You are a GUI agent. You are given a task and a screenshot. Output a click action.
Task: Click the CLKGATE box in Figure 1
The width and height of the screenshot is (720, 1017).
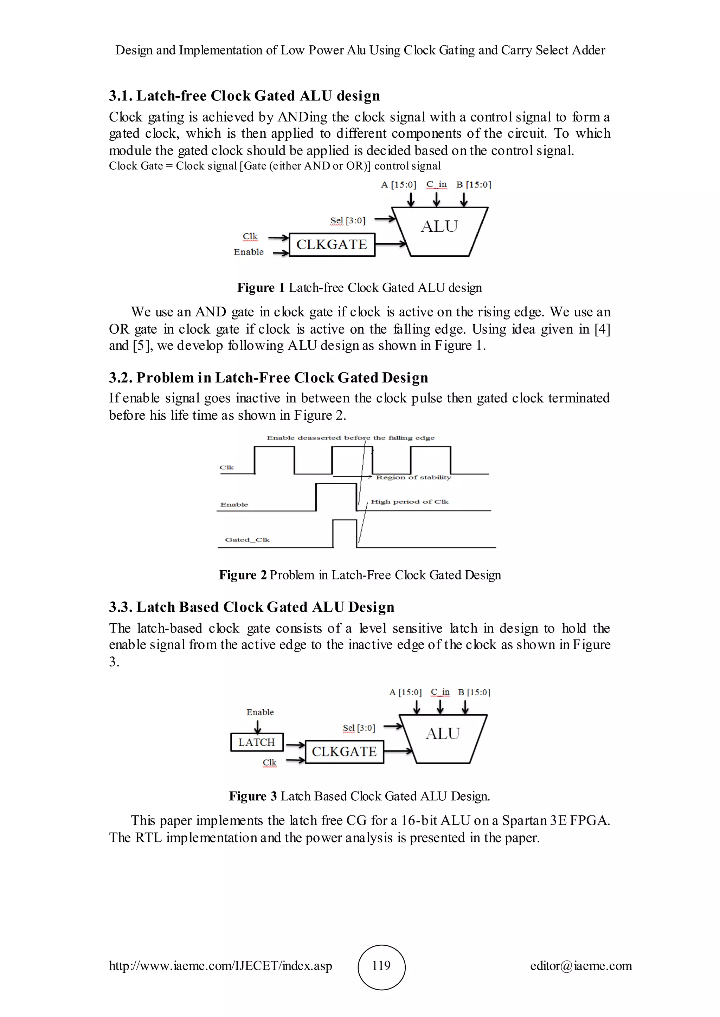pos(332,244)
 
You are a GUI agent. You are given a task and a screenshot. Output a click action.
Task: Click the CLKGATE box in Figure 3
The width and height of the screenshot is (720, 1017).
pos(344,752)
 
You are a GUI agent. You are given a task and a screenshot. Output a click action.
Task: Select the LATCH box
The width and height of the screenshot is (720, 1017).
pos(257,742)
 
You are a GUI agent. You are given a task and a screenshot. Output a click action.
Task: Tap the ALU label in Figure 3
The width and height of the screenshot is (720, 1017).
pos(443,734)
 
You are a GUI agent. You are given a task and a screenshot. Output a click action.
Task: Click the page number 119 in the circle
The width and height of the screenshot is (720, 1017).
pos(381,966)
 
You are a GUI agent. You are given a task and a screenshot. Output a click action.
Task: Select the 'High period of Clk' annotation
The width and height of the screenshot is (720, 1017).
pos(409,501)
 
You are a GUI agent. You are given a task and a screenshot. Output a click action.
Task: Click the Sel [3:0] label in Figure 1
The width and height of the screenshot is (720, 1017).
pos(348,221)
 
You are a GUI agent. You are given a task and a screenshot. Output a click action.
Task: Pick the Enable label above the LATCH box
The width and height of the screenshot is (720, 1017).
pos(260,712)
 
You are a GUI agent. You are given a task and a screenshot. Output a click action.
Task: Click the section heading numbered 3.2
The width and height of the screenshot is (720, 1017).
pos(268,378)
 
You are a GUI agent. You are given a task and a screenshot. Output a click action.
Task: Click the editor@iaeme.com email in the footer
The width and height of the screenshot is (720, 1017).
pos(581,966)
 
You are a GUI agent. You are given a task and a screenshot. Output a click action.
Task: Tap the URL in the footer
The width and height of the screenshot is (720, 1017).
pos(220,966)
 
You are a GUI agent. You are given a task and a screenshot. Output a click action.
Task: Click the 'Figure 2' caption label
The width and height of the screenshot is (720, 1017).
pos(243,575)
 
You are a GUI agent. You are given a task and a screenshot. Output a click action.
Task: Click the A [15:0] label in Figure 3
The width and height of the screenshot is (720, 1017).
pos(405,692)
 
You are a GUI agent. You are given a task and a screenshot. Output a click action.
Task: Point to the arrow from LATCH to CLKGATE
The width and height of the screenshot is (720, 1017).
pos(295,745)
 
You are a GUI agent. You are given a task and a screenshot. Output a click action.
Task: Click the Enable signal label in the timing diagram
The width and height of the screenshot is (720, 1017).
pos(234,505)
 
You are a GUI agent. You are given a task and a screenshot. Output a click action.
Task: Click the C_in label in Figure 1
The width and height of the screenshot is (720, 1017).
pos(437,184)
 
